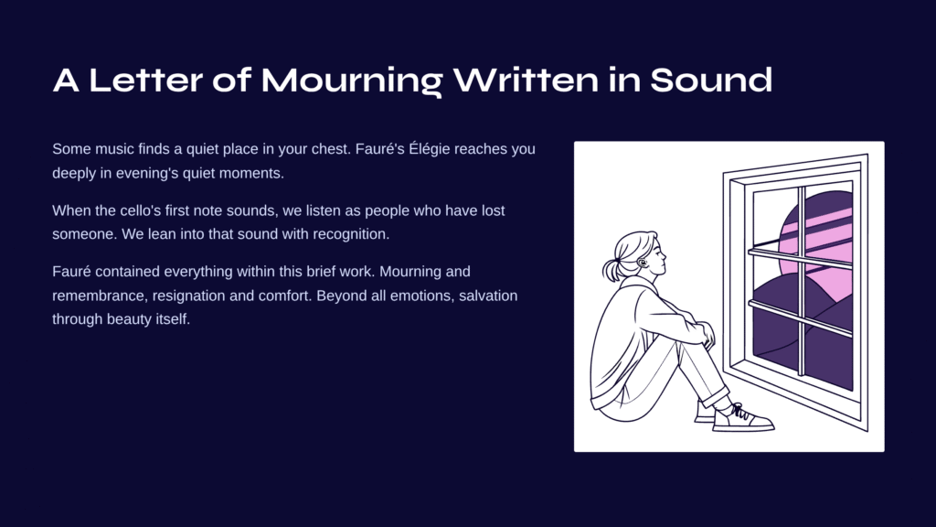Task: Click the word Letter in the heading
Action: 145,81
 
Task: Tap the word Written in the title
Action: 526,81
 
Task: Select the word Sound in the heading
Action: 711,81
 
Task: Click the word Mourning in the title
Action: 352,81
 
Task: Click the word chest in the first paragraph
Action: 328,149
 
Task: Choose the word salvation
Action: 488,296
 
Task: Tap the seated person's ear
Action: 642,262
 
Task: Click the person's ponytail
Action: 611,270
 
